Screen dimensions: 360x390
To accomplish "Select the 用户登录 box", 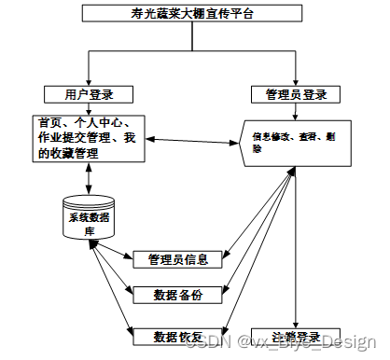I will [88, 94].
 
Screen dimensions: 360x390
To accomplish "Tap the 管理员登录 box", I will [295, 94].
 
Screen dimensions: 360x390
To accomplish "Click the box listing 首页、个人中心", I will [86, 138].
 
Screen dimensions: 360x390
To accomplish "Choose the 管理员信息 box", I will [177, 258].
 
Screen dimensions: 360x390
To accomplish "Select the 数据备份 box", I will [177, 295].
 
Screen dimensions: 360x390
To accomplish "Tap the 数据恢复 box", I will [177, 335].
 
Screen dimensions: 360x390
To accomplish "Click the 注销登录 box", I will [296, 335].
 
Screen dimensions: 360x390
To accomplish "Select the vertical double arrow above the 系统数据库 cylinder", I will [88, 177].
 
